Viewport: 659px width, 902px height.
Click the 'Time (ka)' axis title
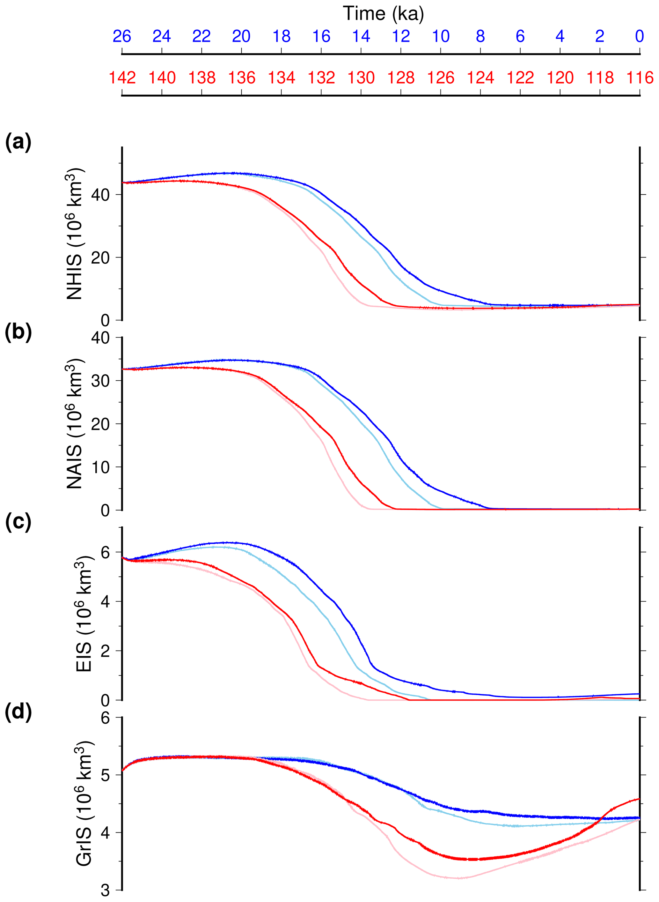click(383, 14)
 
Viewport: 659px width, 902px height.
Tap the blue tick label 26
click(122, 37)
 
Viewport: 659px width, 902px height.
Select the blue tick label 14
click(361, 37)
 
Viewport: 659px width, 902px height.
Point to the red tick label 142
click(122, 78)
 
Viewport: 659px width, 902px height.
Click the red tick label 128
click(401, 78)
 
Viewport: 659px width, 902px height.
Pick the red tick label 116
click(640, 78)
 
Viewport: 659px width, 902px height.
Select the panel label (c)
click(18, 522)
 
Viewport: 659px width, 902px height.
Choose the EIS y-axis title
click(84, 617)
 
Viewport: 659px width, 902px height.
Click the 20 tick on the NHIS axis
click(100, 258)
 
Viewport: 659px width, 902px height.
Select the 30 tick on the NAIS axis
click(100, 381)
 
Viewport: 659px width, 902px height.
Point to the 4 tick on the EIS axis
click(105, 601)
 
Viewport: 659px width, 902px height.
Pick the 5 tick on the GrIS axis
click(105, 775)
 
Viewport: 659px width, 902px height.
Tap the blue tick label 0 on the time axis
click(640, 37)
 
